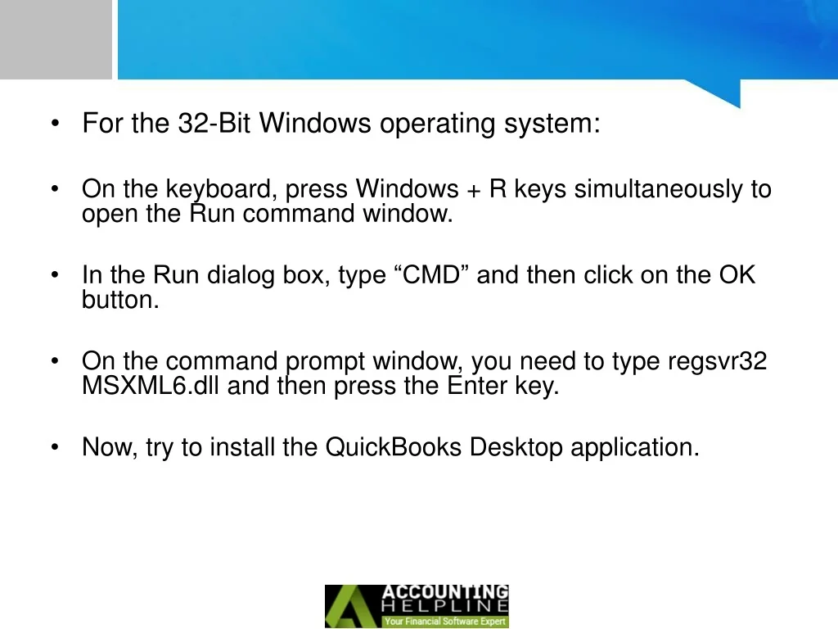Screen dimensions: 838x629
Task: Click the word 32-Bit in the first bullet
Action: click(x=214, y=123)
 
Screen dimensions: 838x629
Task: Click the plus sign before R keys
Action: click(x=474, y=191)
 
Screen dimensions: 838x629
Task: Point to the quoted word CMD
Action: click(x=431, y=275)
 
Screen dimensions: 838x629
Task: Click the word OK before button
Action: click(x=737, y=275)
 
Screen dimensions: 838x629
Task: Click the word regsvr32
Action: click(x=717, y=362)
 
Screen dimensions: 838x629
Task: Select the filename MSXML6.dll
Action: click(x=151, y=386)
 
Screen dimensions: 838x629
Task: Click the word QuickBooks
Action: click(x=394, y=447)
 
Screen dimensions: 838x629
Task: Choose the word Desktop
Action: click(x=516, y=448)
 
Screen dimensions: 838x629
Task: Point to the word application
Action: click(x=635, y=448)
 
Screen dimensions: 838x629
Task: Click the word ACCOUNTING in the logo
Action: click(x=445, y=592)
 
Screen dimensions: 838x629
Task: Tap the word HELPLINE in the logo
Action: click(x=445, y=607)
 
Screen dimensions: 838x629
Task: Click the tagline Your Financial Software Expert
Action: click(x=445, y=622)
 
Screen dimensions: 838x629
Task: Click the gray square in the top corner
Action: click(x=56, y=39)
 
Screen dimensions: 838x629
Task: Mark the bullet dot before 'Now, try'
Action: click(x=55, y=447)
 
